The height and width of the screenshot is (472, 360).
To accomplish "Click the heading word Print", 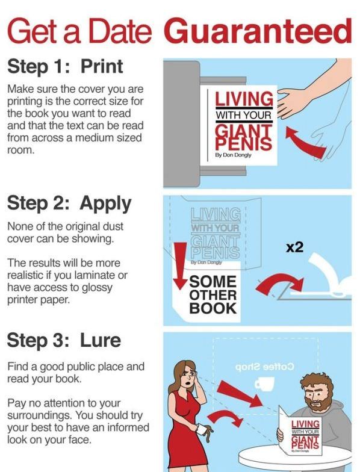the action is pyautogui.click(x=102, y=66).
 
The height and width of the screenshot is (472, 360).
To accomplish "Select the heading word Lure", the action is pyautogui.click(x=101, y=340).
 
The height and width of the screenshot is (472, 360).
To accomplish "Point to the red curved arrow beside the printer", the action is pyautogui.click(x=305, y=141).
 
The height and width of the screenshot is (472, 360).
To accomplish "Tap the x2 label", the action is pyautogui.click(x=295, y=248).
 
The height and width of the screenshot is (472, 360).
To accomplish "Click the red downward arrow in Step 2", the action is pyautogui.click(x=181, y=265).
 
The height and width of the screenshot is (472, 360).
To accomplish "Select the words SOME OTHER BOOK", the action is pyautogui.click(x=213, y=295).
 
